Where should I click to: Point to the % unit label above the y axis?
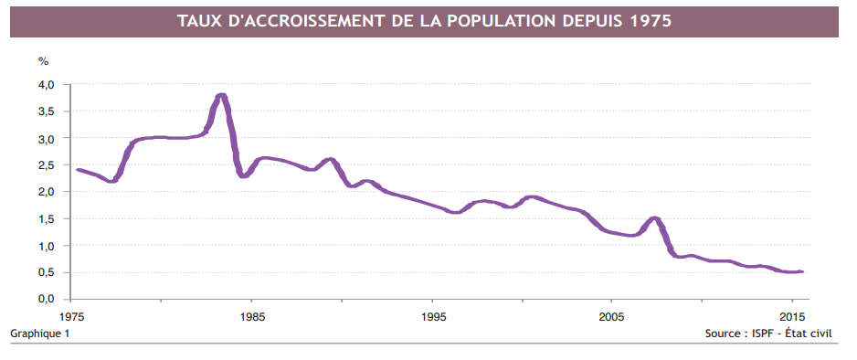click(43, 61)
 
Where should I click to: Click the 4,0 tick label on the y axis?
click(47, 85)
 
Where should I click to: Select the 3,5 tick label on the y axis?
click(47, 111)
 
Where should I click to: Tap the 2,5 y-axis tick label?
click(47, 165)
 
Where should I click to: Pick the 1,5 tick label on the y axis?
click(47, 219)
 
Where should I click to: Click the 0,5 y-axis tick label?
click(47, 272)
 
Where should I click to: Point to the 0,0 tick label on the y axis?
click(47, 299)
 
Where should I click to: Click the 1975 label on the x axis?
click(74, 317)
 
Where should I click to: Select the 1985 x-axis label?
click(253, 317)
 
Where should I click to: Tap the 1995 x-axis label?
click(434, 317)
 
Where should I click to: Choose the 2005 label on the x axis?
click(611, 317)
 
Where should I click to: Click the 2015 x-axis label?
click(791, 317)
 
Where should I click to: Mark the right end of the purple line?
click(802, 271)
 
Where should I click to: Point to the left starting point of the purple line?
click(78, 170)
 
